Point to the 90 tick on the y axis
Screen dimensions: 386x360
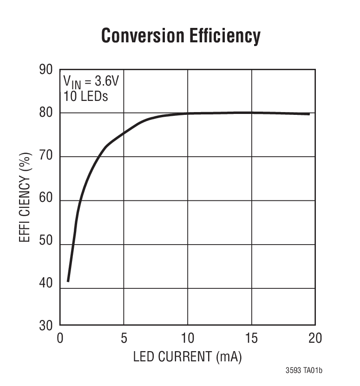point(46,70)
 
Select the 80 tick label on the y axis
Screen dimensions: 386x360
point(46,113)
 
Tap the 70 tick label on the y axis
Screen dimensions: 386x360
point(46,157)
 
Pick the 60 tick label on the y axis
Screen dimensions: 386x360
point(46,200)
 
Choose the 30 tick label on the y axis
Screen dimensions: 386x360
point(46,326)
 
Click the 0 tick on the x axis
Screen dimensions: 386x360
point(60,338)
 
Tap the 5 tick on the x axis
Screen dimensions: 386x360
point(124,338)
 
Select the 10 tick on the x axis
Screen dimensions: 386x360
point(188,338)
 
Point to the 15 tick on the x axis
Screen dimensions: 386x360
point(251,338)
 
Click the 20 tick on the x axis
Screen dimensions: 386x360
point(315,338)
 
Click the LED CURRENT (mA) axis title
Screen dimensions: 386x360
point(188,357)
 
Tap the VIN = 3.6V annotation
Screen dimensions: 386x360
point(91,82)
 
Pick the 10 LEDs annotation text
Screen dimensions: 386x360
point(85,96)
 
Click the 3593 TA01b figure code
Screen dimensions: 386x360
point(304,371)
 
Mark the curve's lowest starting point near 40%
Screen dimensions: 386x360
point(68,280)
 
